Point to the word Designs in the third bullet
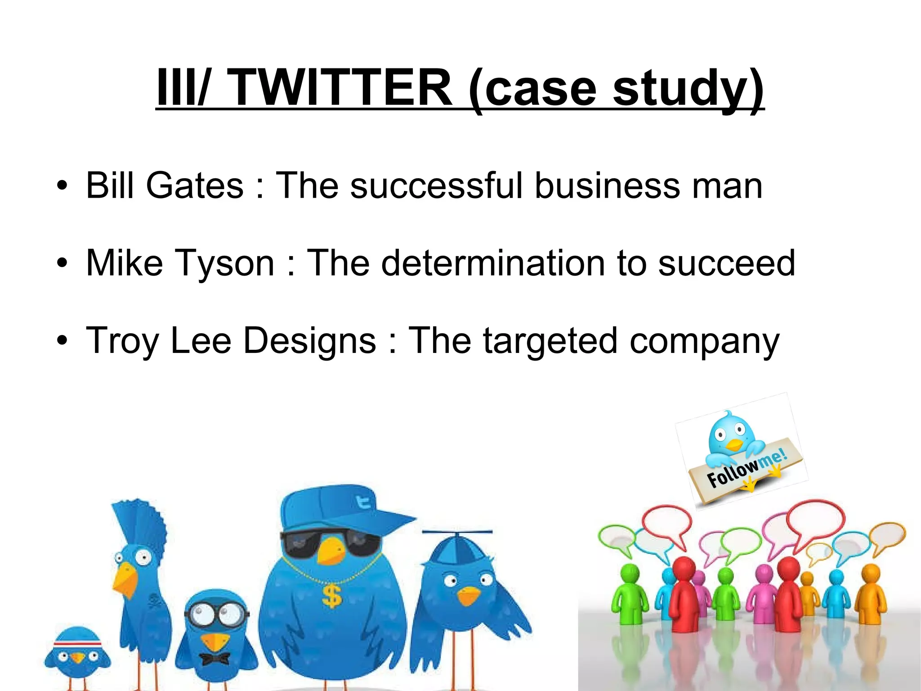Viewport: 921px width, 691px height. tap(309, 341)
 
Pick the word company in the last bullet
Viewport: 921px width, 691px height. tap(704, 341)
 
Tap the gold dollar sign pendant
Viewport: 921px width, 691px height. tap(332, 597)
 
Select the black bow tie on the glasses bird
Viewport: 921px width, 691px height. tap(215, 659)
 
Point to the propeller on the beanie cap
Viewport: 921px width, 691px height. tap(457, 533)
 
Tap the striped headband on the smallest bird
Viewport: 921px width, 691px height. tap(77, 643)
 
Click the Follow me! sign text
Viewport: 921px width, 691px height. tap(747, 468)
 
